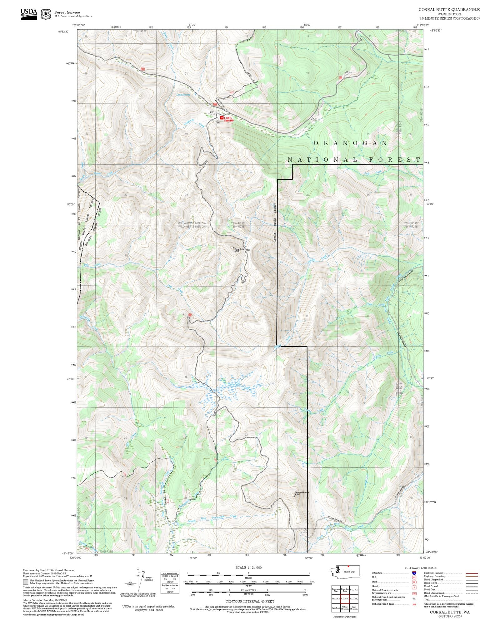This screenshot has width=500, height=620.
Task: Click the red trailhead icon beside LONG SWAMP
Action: [x=222, y=118]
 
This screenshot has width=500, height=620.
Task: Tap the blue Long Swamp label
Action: [x=183, y=95]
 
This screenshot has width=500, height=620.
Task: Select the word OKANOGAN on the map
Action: [x=350, y=143]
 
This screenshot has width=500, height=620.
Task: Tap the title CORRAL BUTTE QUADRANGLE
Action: [x=449, y=10]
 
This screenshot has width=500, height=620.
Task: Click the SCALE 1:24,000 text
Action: [x=248, y=568]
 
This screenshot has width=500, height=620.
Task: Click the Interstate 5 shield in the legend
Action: [x=414, y=573]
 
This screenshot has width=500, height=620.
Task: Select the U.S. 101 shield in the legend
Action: [x=414, y=578]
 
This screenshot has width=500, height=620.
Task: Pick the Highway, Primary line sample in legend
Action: [x=472, y=573]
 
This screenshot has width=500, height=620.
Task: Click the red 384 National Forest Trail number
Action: [x=414, y=604]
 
